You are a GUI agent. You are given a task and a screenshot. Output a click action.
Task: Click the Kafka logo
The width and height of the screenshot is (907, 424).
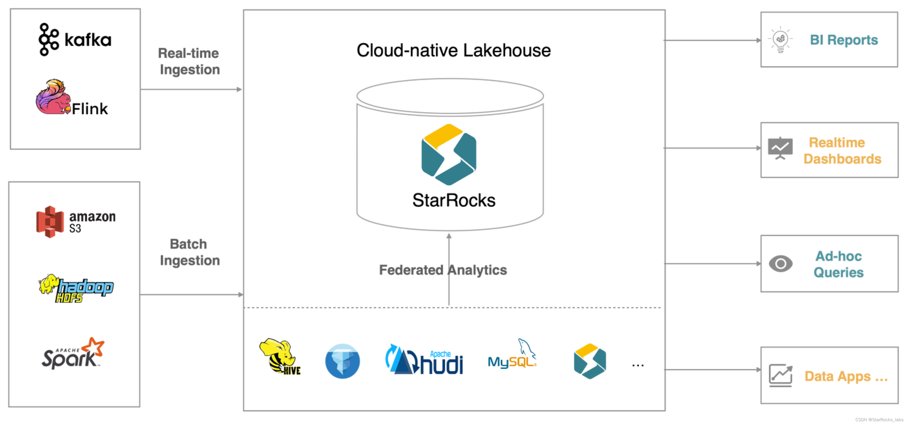[x=75, y=39]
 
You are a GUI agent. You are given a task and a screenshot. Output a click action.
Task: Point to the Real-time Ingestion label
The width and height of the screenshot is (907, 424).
[x=189, y=61]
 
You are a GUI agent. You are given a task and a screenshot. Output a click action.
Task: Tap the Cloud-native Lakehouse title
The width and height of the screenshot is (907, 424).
[x=453, y=50]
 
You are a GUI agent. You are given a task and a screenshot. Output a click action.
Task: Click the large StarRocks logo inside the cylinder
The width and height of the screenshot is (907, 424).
[x=449, y=155]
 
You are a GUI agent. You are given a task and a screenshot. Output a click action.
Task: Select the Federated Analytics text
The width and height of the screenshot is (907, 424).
[x=443, y=270]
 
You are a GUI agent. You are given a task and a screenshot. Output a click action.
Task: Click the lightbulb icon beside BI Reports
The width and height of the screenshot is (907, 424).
[x=780, y=39]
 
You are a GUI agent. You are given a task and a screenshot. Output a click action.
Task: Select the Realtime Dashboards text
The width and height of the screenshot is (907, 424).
[x=842, y=151]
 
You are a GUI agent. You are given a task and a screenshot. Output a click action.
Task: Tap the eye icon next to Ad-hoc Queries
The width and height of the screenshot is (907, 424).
[x=780, y=264]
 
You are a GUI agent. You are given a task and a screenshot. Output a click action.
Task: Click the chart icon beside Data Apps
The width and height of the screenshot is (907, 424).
[x=780, y=375]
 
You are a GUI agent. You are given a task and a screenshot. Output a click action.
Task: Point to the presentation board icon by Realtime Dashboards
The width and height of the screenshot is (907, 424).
[x=780, y=148]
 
